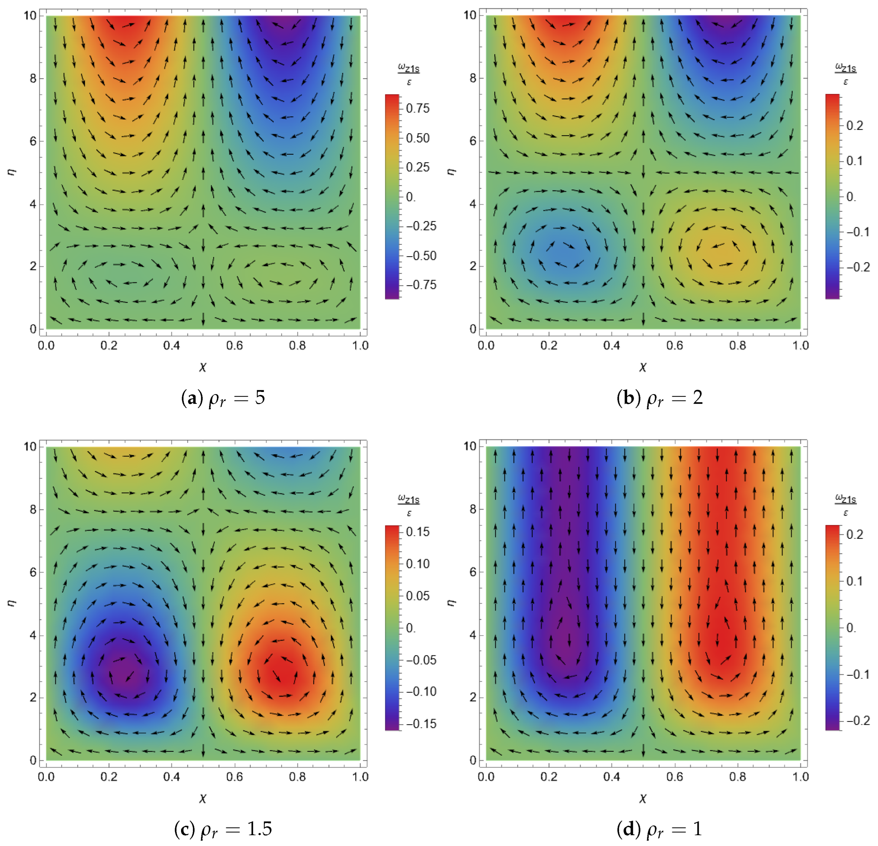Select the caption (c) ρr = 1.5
[x=223, y=829]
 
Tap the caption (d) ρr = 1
[x=659, y=829]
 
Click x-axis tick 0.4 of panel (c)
[x=171, y=776]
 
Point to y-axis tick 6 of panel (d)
[x=473, y=572]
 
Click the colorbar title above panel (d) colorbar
[x=845, y=504]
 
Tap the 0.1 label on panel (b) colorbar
[x=854, y=161]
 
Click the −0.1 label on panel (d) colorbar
[x=857, y=674]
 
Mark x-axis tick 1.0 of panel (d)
[x=800, y=776]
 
